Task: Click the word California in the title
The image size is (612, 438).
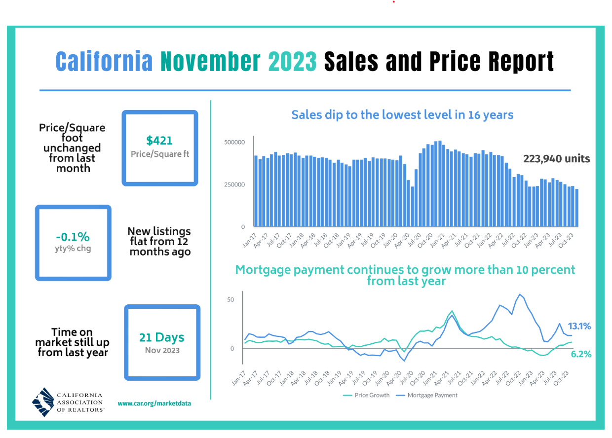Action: (104, 62)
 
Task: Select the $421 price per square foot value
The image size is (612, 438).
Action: (159, 141)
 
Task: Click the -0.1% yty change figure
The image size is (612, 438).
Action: (73, 236)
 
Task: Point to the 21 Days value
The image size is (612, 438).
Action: (162, 337)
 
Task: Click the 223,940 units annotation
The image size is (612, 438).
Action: (556, 159)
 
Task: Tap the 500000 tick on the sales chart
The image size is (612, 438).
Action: (234, 142)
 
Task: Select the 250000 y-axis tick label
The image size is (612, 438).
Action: (234, 184)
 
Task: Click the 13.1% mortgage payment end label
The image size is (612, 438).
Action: (579, 326)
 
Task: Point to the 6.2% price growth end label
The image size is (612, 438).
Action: (581, 354)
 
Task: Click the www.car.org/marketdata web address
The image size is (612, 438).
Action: (154, 403)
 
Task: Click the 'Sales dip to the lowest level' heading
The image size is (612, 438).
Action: (402, 115)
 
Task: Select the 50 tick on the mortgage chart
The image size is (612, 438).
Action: (231, 300)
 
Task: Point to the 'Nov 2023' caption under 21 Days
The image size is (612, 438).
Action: (162, 351)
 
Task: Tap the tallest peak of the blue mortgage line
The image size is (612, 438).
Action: (519, 294)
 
